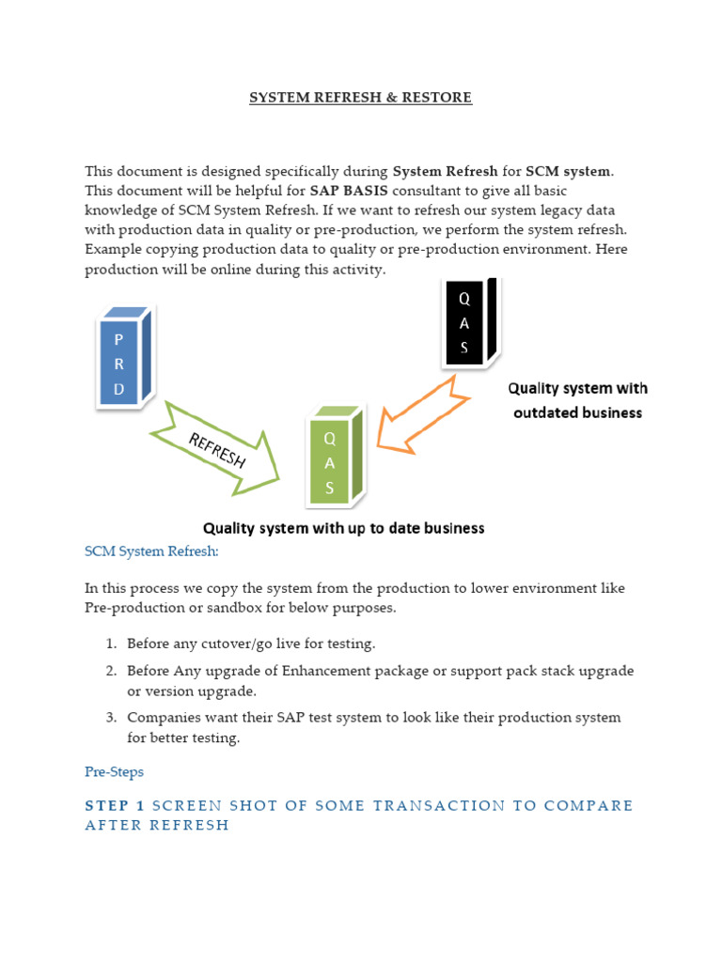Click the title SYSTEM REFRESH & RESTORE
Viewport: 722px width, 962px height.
(360, 98)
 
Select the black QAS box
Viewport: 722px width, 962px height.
(465, 324)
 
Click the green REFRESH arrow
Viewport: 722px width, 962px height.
(218, 450)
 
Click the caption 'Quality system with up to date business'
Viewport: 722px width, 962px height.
(344, 528)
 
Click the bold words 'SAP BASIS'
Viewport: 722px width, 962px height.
(341, 190)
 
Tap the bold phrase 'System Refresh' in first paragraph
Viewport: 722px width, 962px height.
(445, 171)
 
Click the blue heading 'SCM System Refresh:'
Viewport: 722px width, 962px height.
(151, 551)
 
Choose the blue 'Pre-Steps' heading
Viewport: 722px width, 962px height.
(114, 771)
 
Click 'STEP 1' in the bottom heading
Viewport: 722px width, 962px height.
(115, 805)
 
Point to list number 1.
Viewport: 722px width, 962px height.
(110, 644)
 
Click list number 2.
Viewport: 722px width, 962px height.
(110, 671)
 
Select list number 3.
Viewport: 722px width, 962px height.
(110, 718)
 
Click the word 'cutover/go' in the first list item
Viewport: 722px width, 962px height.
(219, 644)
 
